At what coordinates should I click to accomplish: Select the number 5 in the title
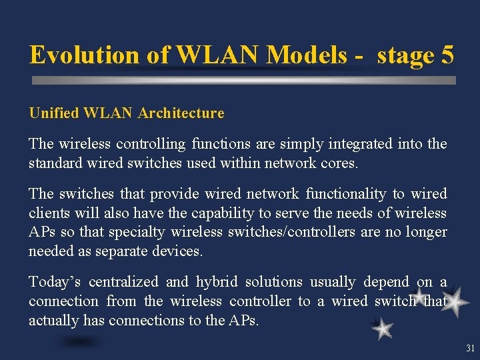pos(447,55)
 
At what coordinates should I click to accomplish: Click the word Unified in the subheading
pos(54,113)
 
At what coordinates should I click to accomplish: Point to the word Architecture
pos(181,113)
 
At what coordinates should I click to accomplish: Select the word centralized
pos(123,282)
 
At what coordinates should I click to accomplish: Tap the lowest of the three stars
pos(383,329)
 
